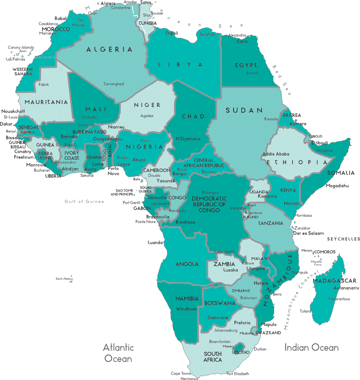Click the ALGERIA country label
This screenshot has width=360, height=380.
click(x=109, y=50)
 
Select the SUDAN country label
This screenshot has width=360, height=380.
click(x=244, y=111)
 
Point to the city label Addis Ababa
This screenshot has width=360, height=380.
click(x=276, y=154)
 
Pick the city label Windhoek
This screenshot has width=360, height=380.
click(x=187, y=309)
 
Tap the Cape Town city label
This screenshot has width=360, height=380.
click(x=180, y=373)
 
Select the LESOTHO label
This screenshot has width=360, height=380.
click(x=240, y=352)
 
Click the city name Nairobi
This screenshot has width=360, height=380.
click(x=291, y=203)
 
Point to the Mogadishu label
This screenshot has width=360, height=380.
click(x=337, y=186)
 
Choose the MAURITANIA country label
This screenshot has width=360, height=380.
click(x=47, y=102)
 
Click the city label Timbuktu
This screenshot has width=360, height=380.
click(x=89, y=117)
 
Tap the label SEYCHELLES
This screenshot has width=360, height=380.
click(x=343, y=239)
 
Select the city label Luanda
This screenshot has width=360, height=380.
click(x=156, y=242)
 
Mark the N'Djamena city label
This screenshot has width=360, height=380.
click(x=188, y=139)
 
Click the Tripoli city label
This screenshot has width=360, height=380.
click(x=172, y=33)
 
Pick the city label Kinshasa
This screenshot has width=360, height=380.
click(x=185, y=222)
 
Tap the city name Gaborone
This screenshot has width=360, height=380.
click(x=218, y=317)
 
